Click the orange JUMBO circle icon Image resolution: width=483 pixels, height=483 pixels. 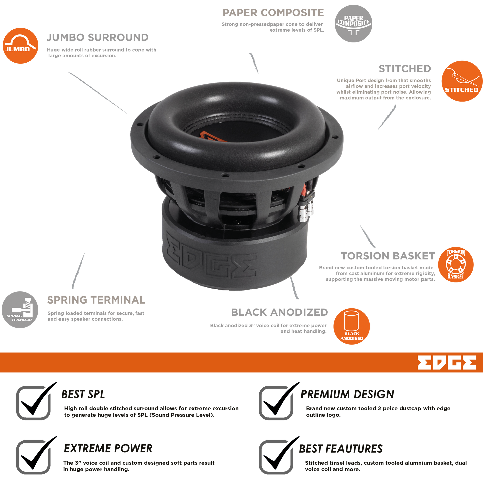coord(20,45)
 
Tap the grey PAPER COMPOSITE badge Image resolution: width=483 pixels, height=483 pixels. coord(353,23)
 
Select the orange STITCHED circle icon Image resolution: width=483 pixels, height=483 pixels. coord(462,81)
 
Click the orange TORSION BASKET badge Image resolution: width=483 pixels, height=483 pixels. coord(456,265)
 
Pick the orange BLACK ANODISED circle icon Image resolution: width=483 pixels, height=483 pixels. coord(351,326)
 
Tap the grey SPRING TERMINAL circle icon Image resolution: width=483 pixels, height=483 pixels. coord(20,310)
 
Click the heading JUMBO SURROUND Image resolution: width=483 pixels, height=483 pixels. coord(98,37)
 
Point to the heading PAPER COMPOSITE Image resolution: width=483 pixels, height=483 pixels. coord(273,13)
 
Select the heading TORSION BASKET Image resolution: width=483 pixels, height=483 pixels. coord(388,256)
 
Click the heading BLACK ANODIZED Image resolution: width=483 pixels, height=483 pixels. coord(279,312)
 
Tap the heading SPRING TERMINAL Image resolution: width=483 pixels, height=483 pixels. coord(96,300)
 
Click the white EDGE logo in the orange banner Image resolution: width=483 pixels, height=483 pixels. coord(447,362)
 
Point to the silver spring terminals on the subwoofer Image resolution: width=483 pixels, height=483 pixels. coord(306,207)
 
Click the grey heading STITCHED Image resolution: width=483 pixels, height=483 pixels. coord(404,69)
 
